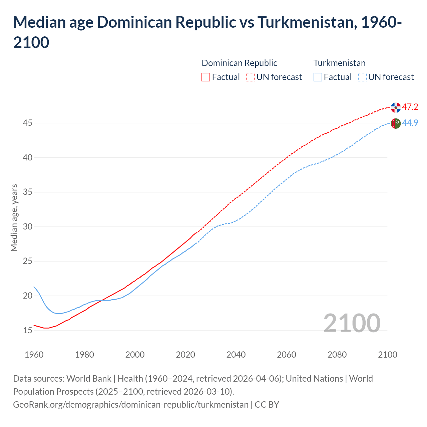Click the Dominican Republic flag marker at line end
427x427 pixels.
pyautogui.click(x=396, y=107)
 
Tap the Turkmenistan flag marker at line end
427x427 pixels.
pyautogui.click(x=396, y=123)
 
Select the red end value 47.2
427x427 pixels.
pyautogui.click(x=410, y=107)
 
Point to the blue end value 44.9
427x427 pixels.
pyautogui.click(x=410, y=123)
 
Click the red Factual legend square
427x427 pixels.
pyautogui.click(x=206, y=77)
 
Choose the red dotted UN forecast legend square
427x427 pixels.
pyautogui.click(x=250, y=77)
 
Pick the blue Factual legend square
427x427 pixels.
pyautogui.click(x=318, y=77)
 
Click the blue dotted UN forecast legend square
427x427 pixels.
pyautogui.click(x=362, y=77)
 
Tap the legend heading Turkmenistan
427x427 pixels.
pyautogui.click(x=339, y=63)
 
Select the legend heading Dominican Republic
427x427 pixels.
pyautogui.click(x=239, y=63)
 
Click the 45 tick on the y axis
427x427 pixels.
pyautogui.click(x=27, y=123)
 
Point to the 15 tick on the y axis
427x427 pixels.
pyautogui.click(x=27, y=330)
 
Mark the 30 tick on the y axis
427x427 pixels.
pyautogui.click(x=27, y=227)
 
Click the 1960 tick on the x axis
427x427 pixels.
pyautogui.click(x=34, y=355)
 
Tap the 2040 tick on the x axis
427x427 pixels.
pyautogui.click(x=236, y=355)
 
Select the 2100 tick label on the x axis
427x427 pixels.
pyautogui.click(x=387, y=355)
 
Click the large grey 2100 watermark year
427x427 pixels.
pyautogui.click(x=352, y=323)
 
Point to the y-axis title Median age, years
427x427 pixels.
pyautogui.click(x=14, y=218)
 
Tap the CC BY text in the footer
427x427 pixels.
pyautogui.click(x=267, y=405)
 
